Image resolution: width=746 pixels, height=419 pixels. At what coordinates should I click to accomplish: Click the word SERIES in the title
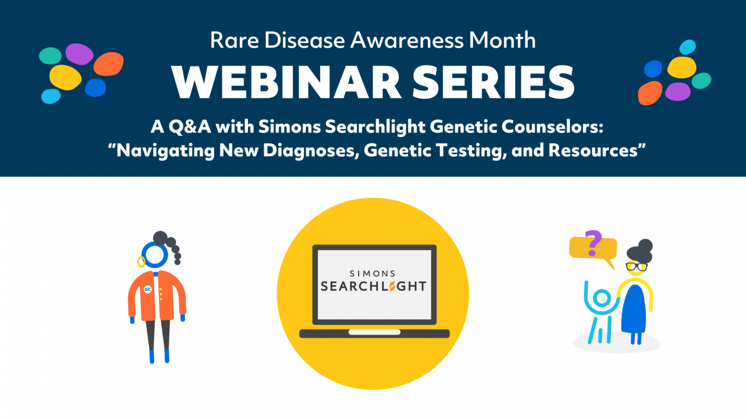[493, 82]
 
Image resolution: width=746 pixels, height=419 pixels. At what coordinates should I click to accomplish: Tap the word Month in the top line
[502, 40]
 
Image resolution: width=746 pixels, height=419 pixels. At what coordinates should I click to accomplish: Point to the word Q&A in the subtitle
[189, 127]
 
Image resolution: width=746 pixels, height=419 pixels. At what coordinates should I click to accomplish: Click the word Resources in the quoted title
[593, 150]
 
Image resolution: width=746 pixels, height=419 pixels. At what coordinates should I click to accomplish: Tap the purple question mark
[593, 243]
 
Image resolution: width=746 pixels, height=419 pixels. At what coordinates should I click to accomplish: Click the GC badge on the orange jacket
[147, 289]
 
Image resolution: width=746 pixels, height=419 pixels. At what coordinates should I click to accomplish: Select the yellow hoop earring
[141, 262]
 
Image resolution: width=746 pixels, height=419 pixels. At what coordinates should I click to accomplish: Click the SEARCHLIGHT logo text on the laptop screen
[373, 286]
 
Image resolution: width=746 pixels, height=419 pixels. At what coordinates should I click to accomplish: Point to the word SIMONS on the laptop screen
[373, 274]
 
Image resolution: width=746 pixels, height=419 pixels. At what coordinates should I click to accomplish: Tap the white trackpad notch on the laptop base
[374, 332]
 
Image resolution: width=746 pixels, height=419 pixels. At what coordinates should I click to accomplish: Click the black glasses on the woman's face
[636, 267]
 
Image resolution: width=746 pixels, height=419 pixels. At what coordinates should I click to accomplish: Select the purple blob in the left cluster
[79, 54]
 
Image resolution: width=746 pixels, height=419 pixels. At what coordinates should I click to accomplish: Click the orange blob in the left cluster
[108, 64]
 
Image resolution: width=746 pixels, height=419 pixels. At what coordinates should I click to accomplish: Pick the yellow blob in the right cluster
[682, 67]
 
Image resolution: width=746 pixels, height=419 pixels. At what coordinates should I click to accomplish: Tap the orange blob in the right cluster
[650, 93]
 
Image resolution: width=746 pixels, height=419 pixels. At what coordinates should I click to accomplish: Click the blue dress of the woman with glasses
[633, 309]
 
